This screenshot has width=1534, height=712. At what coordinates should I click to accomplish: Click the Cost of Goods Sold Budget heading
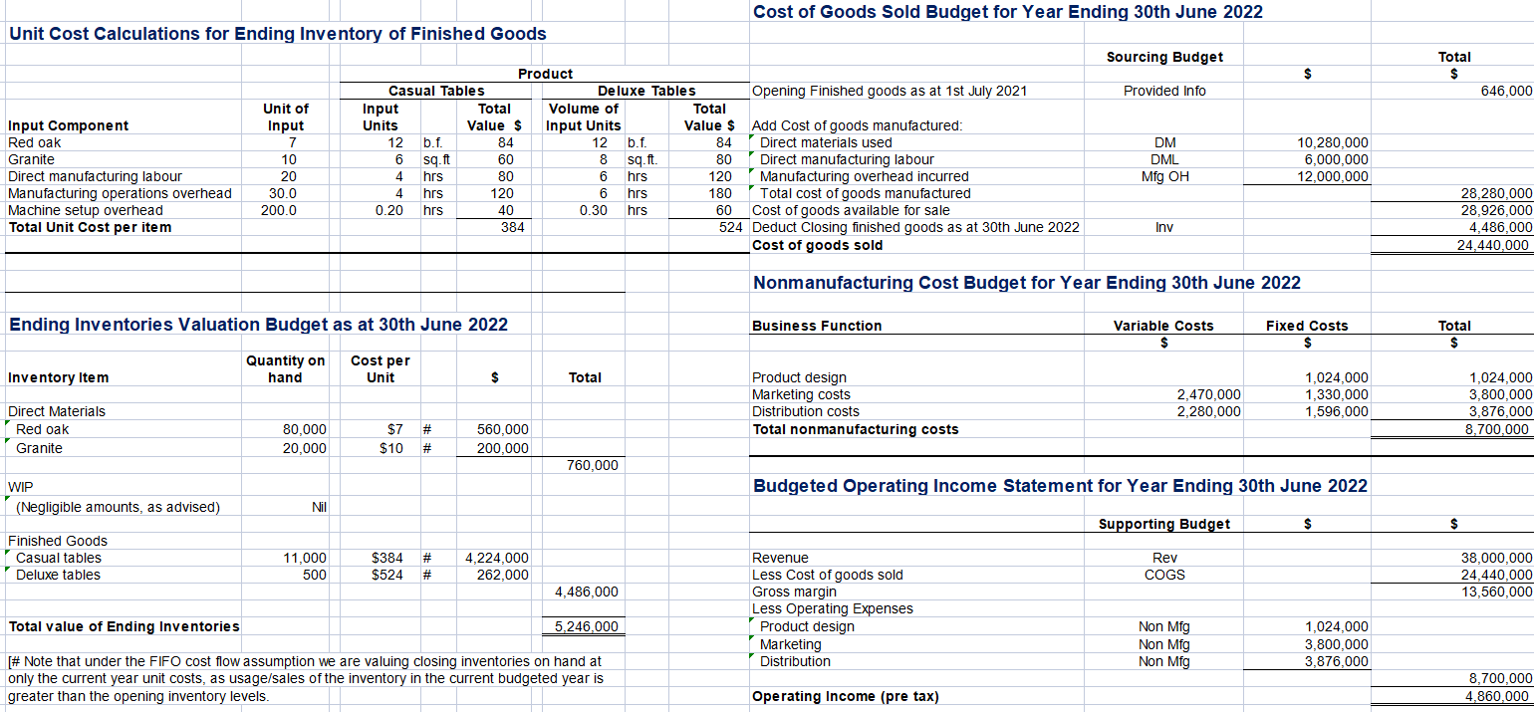[x=1007, y=12]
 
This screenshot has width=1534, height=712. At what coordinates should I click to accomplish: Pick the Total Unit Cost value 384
[x=512, y=227]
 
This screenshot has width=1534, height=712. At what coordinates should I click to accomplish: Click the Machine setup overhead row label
[x=85, y=210]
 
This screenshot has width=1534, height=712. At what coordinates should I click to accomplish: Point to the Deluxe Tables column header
[x=646, y=91]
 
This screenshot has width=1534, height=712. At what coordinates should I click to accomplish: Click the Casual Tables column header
[x=436, y=91]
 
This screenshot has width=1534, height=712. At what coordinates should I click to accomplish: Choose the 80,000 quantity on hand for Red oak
[x=304, y=429]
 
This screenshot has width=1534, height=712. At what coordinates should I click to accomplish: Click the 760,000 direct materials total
[x=592, y=465]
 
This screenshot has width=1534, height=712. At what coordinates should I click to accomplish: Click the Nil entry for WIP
[x=319, y=507]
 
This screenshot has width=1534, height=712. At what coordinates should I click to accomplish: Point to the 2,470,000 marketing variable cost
[x=1209, y=394]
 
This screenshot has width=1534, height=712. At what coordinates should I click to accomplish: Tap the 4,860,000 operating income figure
[x=1498, y=696]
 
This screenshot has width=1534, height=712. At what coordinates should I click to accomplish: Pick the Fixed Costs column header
[x=1307, y=326]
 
